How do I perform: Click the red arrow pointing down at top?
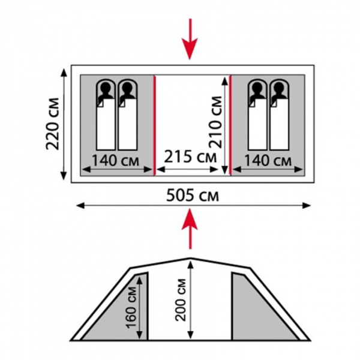tap(190, 39)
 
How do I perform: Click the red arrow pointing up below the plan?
tap(190, 229)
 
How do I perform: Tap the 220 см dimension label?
tap(53, 124)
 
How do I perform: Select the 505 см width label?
tap(193, 196)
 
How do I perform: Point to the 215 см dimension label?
tap(190, 157)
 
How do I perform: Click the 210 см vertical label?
tap(215, 122)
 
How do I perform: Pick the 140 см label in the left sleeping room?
tap(115, 160)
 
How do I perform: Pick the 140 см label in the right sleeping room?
tap(268, 160)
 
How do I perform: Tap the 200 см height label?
tap(181, 299)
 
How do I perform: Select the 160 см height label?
tap(131, 307)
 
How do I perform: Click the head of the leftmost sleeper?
tap(106, 87)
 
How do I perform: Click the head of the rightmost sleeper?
tap(279, 87)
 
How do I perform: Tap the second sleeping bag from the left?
tap(127, 115)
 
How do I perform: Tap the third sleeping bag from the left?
tap(257, 115)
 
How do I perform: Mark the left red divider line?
tap(155, 125)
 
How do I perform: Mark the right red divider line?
tap(230, 125)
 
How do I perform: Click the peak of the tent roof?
tap(190, 258)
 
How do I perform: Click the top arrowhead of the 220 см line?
tap(64, 73)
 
